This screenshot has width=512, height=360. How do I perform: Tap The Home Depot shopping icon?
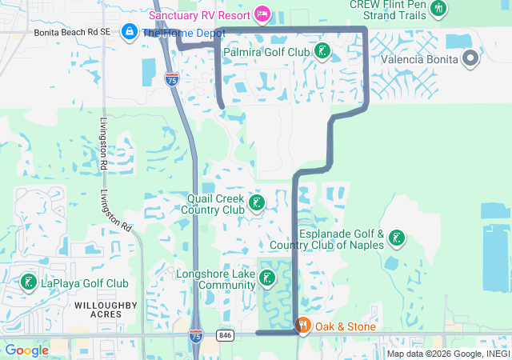pos(128,32)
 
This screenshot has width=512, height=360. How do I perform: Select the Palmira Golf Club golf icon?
pos(322,52)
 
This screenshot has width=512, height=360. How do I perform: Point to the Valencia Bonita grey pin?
pos(470,58)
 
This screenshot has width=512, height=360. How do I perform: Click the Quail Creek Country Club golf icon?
pos(257,203)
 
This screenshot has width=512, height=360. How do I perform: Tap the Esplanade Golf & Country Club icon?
pos(396,238)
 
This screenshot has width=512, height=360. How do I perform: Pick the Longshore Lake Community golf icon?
pos(267,278)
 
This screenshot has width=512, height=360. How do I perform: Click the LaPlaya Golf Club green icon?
pos(28,282)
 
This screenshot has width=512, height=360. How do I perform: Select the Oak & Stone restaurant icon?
pos(303,326)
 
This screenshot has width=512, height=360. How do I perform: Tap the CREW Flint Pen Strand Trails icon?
pos(438,7)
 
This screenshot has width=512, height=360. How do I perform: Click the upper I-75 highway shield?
pos(172,78)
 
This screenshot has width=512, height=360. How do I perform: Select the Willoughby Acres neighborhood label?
pos(106,310)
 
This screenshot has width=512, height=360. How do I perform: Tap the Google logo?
pos(26,350)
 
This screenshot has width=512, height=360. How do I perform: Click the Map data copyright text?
pos(447,354)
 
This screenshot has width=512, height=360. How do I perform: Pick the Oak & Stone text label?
pos(345,326)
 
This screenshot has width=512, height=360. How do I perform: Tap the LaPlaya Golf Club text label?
pos(84,283)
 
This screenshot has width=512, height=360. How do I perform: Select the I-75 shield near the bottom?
pos(196,336)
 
